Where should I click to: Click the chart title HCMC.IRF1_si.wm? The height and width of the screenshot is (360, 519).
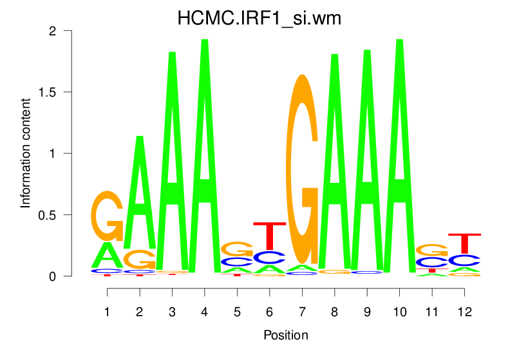coord(259,19)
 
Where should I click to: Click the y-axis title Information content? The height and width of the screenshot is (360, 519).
coord(26,153)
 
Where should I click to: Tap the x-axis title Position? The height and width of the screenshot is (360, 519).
coord(285,336)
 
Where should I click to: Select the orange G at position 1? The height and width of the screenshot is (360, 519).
coord(108,216)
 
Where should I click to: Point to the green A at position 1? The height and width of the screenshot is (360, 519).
coord(108,256)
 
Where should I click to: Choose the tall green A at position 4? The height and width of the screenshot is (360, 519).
coord(204,155)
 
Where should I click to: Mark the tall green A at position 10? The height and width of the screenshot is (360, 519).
coord(399,155)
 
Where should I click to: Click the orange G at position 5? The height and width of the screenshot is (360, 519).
coord(236,249)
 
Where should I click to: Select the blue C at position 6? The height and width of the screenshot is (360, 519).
coord(269,257)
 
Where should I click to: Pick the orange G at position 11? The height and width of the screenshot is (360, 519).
coord(431,250)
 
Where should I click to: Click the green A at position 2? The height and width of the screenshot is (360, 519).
coord(140,193)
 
